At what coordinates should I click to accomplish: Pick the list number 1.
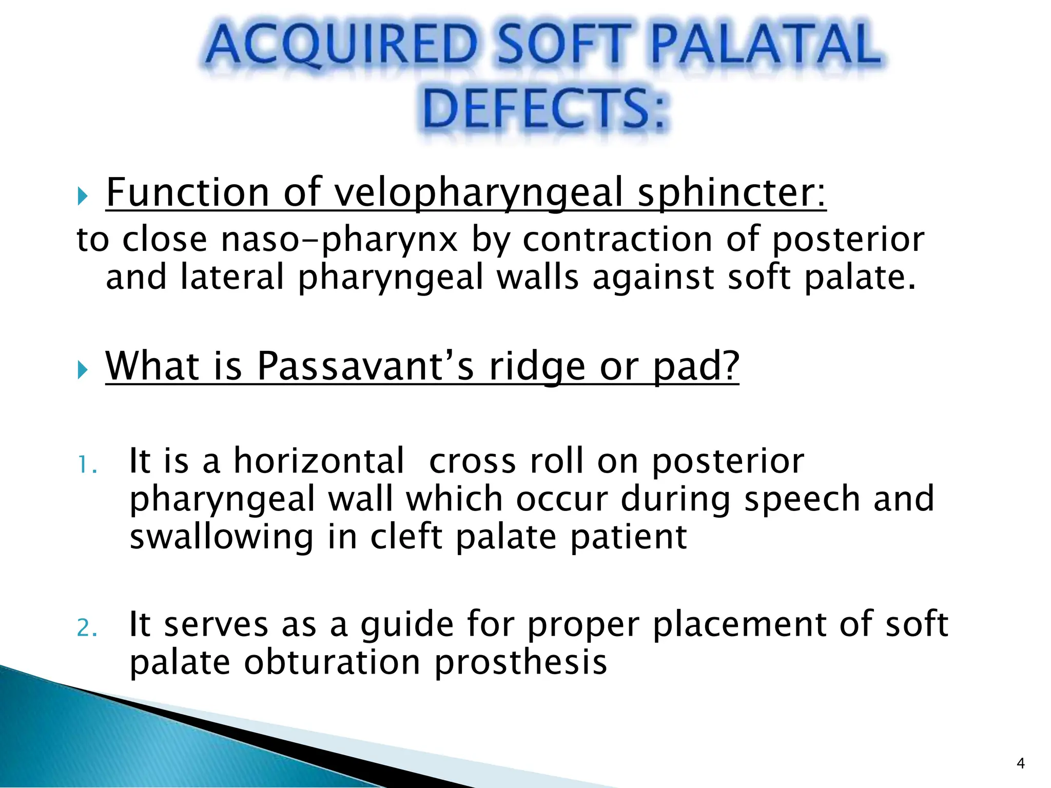coord(86,465)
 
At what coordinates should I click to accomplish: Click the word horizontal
coord(319,461)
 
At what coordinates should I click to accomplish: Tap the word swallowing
coord(221,537)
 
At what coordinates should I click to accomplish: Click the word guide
coord(407,625)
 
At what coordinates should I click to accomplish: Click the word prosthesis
coord(521,662)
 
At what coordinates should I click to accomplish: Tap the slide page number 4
coord(1020,763)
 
